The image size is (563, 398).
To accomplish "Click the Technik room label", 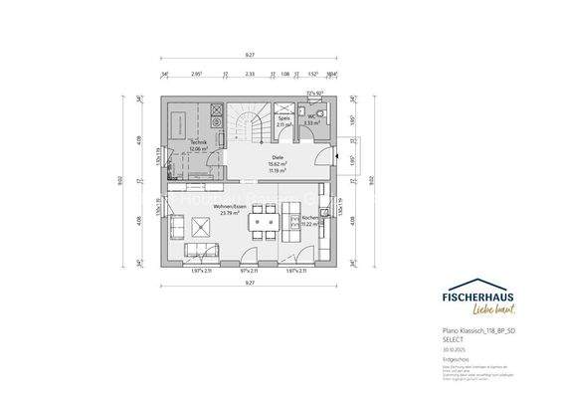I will pos(197,143).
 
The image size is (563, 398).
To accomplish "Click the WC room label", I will pos(311,116).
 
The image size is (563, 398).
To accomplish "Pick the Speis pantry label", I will pos(284,117).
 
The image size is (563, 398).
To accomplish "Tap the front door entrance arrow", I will pos(340,157).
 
